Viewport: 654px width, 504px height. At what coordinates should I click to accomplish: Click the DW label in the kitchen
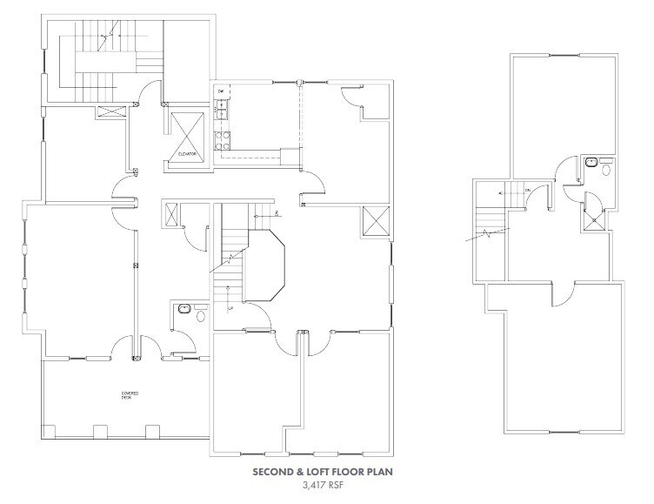coord(221,91)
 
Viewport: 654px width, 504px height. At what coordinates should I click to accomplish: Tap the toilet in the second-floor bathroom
coord(200,317)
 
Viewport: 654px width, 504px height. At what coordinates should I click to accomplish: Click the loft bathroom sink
coord(592,161)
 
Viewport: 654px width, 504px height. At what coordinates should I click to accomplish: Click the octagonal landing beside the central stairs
coord(260,265)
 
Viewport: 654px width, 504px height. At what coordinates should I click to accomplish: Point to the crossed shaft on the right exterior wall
coord(375,219)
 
